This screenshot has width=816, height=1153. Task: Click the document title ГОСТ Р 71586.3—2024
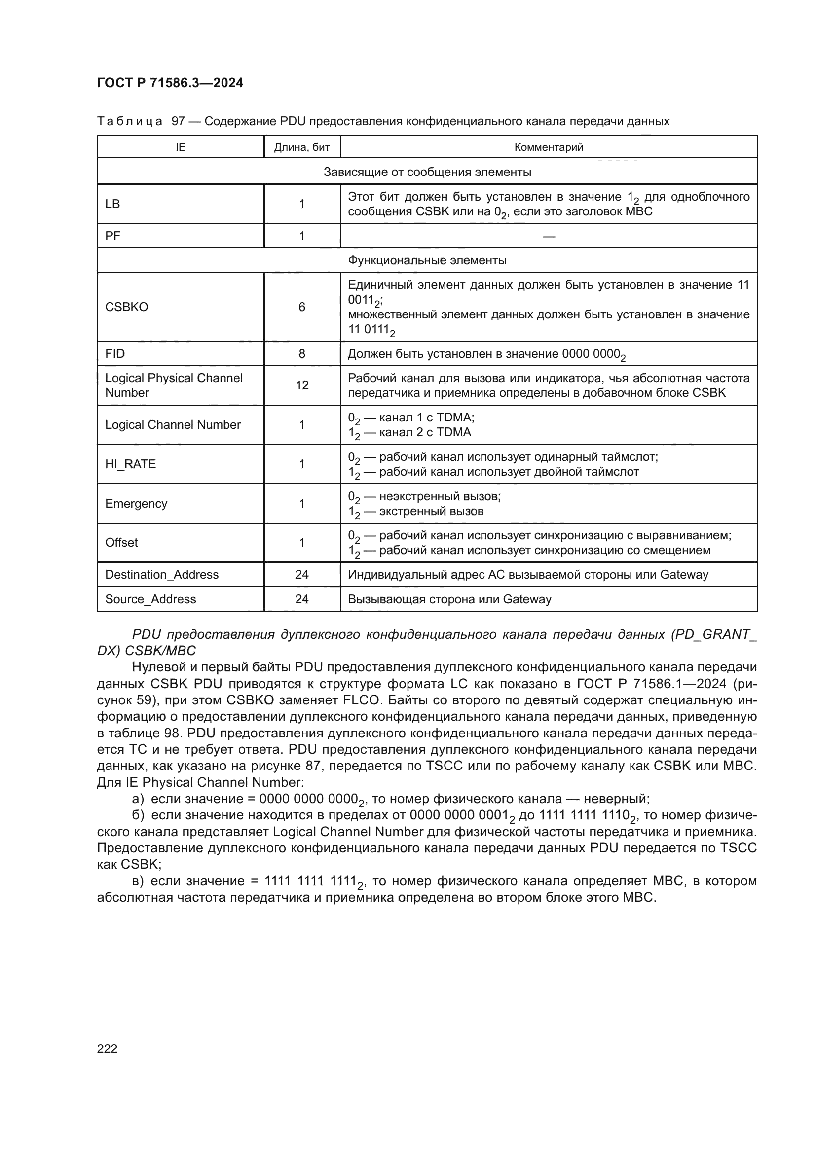pyautogui.click(x=170, y=83)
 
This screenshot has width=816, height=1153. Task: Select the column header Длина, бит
pyautogui.click(x=301, y=147)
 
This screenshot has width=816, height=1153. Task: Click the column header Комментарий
pyautogui.click(x=548, y=147)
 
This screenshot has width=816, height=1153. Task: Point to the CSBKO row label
pyautogui.click(x=127, y=307)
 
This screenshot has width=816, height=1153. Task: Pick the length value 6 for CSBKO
pyautogui.click(x=301, y=307)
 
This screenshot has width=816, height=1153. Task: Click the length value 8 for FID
pyautogui.click(x=301, y=354)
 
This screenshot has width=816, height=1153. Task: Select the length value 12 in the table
pyautogui.click(x=301, y=385)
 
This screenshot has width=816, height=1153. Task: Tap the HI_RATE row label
pyautogui.click(x=130, y=464)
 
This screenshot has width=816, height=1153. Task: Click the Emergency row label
pyautogui.click(x=136, y=503)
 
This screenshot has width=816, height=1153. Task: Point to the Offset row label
pyautogui.click(x=121, y=542)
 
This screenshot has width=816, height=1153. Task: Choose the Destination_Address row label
pyautogui.click(x=162, y=574)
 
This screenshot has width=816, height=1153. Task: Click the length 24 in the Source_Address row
pyautogui.click(x=301, y=599)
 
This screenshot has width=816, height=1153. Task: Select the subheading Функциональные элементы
pyautogui.click(x=427, y=260)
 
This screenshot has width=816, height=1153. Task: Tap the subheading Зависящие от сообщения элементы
pyautogui.click(x=427, y=172)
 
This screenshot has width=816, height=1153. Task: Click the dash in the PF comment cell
pyautogui.click(x=549, y=236)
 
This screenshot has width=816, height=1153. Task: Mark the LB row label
pyautogui.click(x=112, y=204)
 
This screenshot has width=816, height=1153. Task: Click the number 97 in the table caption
pyautogui.click(x=179, y=122)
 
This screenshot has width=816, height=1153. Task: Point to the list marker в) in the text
pyautogui.click(x=138, y=881)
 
